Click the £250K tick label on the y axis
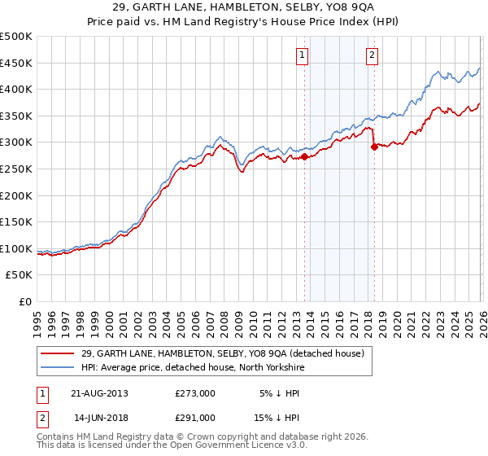pyautogui.click(x=16, y=169)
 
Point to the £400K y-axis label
pyautogui.click(x=16, y=89)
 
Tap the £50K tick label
pyautogui.click(x=20, y=275)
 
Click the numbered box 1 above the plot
pyautogui.click(x=302, y=55)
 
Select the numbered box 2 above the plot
pyautogui.click(x=372, y=55)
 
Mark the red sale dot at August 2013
pyautogui.click(x=304, y=156)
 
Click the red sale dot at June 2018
pyautogui.click(x=374, y=147)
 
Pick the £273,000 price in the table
pyautogui.click(x=195, y=392)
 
